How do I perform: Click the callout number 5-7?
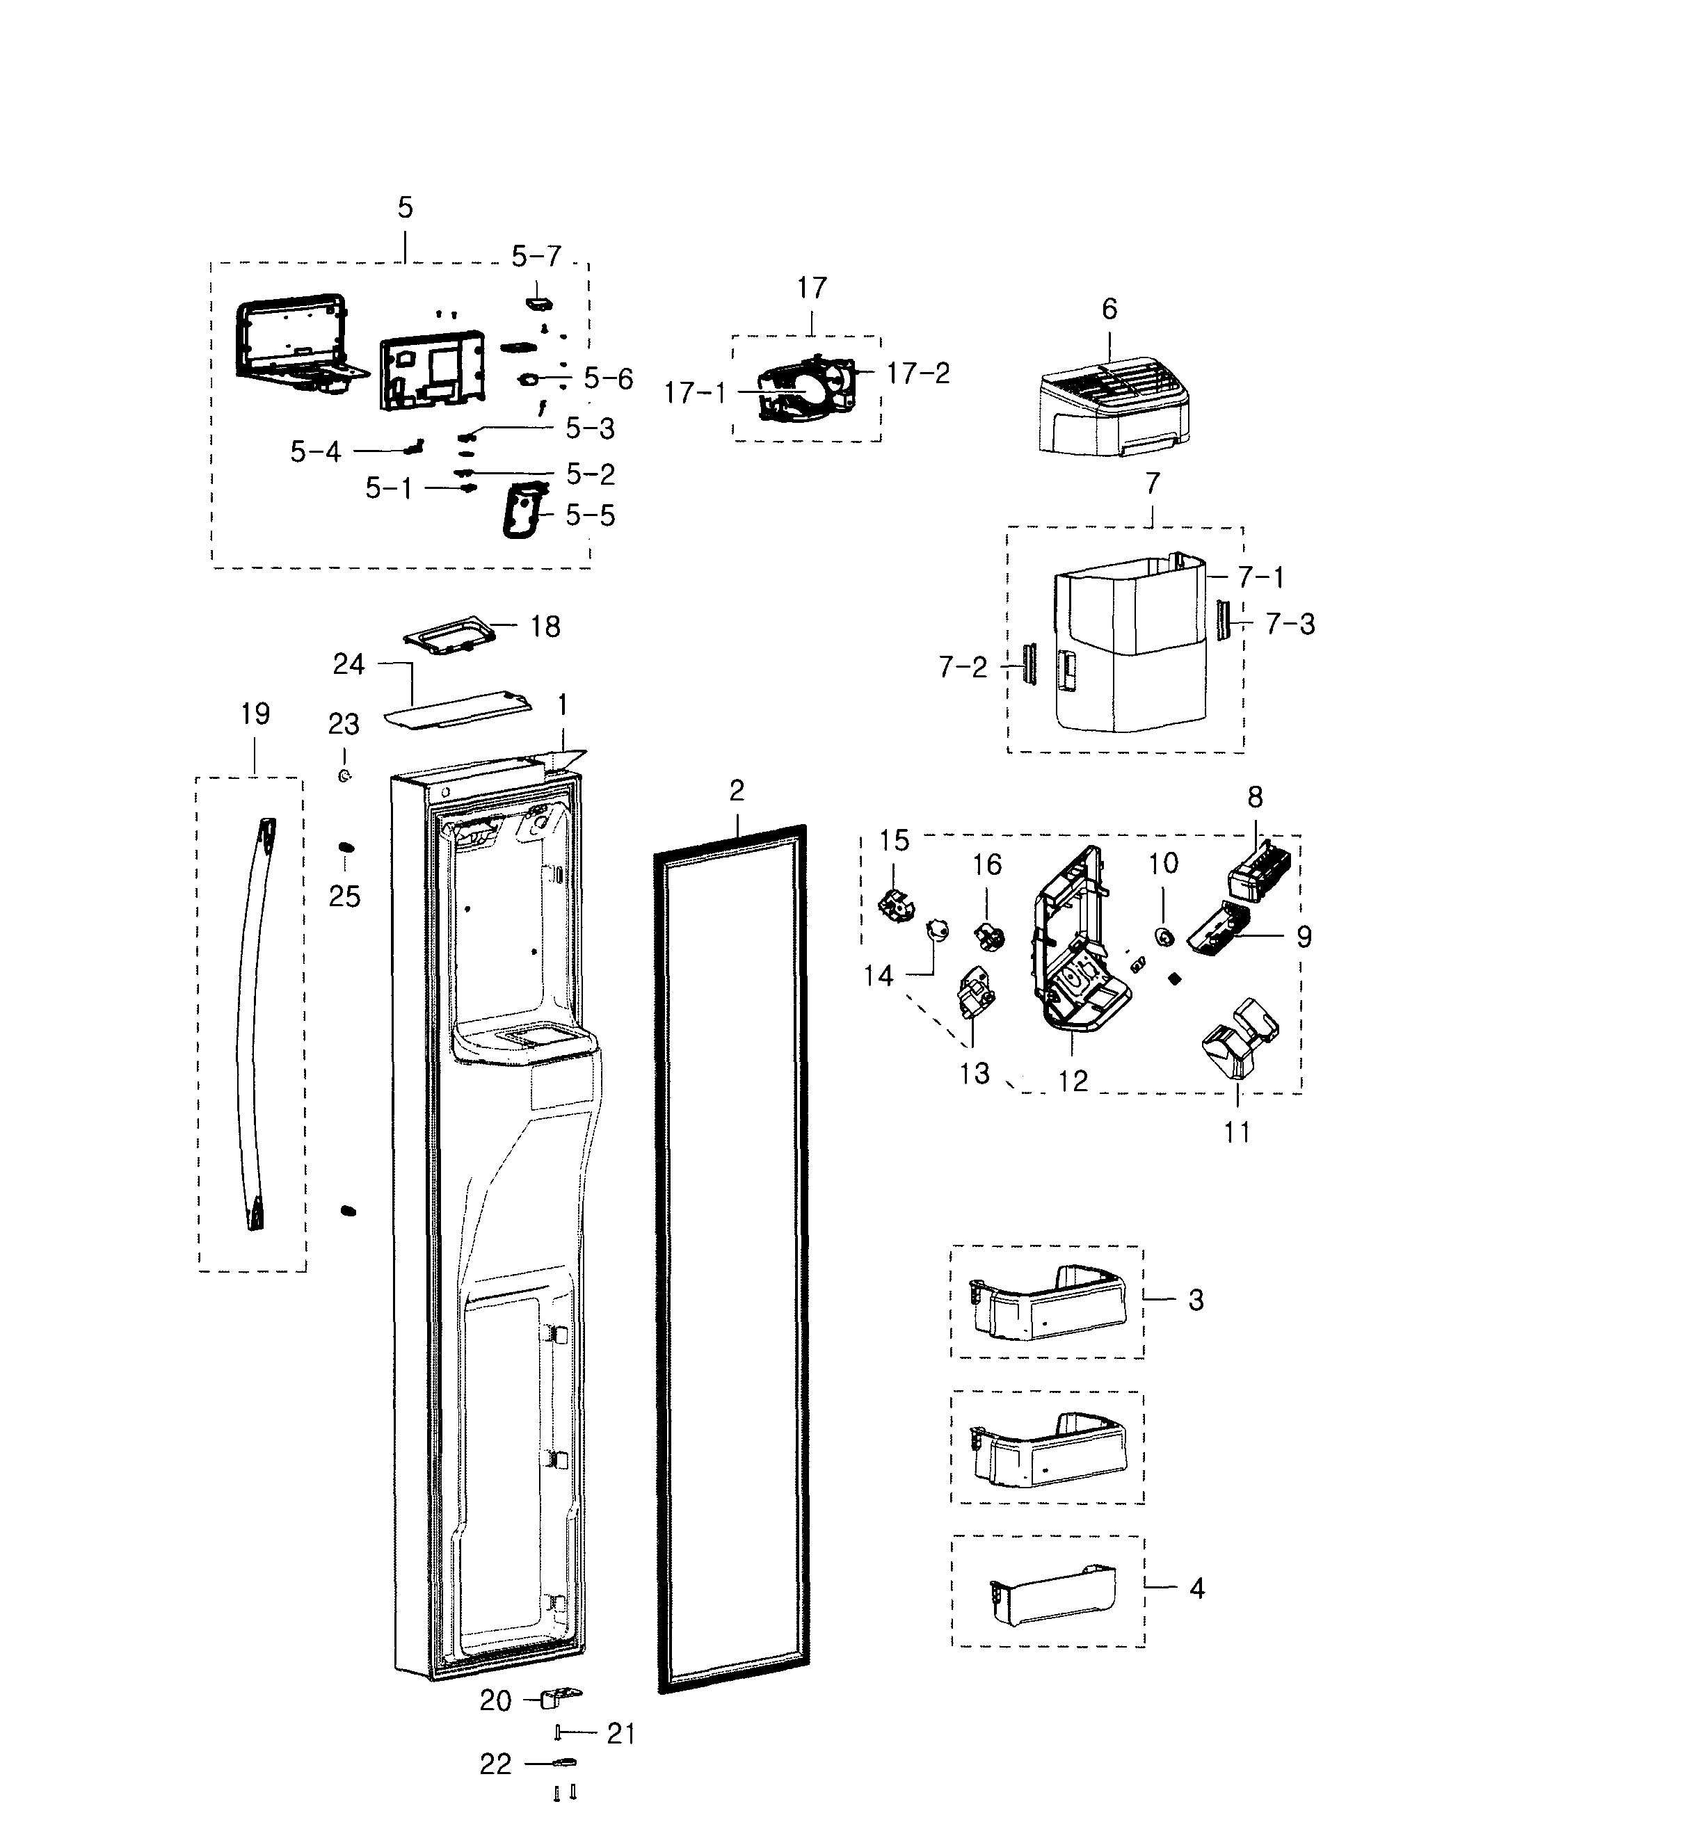coord(536,256)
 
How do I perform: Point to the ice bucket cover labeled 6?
coord(1113,406)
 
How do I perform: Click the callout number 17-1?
coord(696,394)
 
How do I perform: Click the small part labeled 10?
coord(1164,938)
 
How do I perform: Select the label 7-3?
coord(1290,625)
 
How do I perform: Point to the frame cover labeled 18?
coord(449,636)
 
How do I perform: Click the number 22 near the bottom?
coord(495,1765)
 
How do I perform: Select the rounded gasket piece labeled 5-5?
coord(522,510)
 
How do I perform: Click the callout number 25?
coord(344,896)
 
